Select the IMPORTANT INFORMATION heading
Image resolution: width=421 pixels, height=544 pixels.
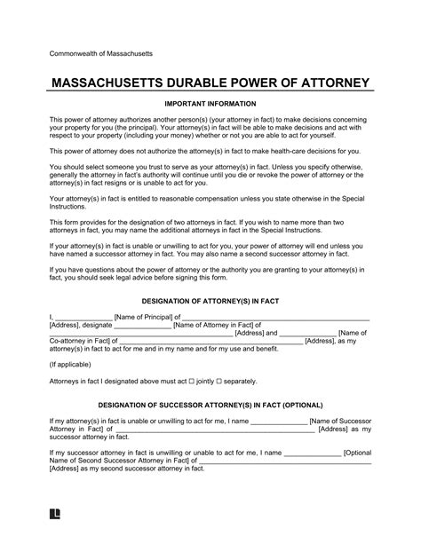click(x=210, y=104)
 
